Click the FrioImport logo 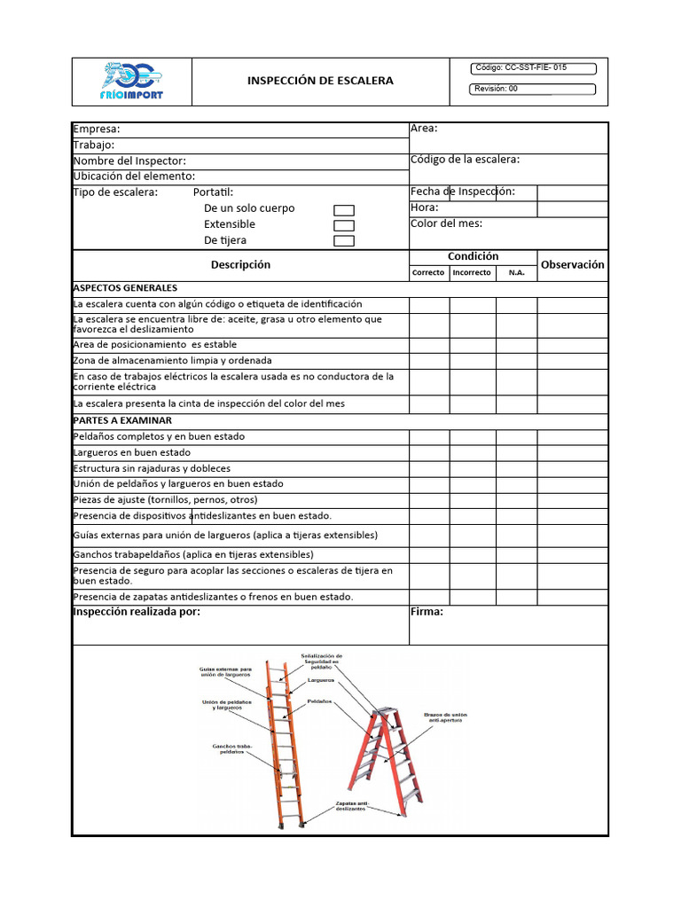pyautogui.click(x=132, y=82)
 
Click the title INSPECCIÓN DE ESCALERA pyautogui.click(x=320, y=81)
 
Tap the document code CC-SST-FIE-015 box pyautogui.click(x=533, y=68)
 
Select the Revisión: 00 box pyautogui.click(x=533, y=89)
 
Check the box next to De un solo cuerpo pyautogui.click(x=344, y=209)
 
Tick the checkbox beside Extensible pyautogui.click(x=344, y=225)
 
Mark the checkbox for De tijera pyautogui.click(x=344, y=241)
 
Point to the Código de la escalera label pyautogui.click(x=465, y=160)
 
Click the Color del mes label pyautogui.click(x=446, y=223)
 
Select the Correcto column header pyautogui.click(x=428, y=273)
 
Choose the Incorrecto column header pyautogui.click(x=472, y=273)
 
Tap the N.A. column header pyautogui.click(x=516, y=273)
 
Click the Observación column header pyautogui.click(x=572, y=264)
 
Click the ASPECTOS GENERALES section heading pyautogui.click(x=125, y=288)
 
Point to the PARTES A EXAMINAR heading pyautogui.click(x=122, y=420)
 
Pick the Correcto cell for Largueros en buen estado pyautogui.click(x=428, y=452)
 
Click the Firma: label pyautogui.click(x=427, y=612)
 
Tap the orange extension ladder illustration pyautogui.click(x=285, y=745)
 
